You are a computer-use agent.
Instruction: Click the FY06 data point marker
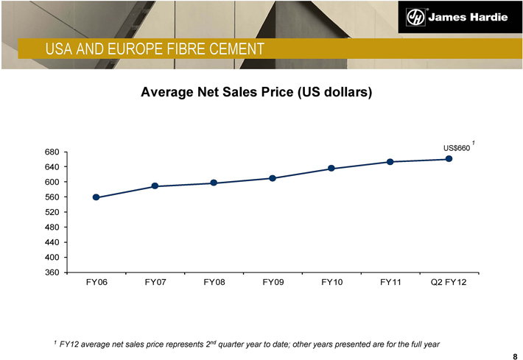[x=96, y=197]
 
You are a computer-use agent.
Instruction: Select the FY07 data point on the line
[x=155, y=186]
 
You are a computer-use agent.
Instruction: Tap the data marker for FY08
[x=214, y=183]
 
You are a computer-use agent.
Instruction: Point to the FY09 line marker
[x=273, y=178]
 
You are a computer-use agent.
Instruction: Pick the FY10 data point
[x=331, y=169]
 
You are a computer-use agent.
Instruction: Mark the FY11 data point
[x=390, y=162]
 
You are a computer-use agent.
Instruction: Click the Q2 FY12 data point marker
[x=449, y=159]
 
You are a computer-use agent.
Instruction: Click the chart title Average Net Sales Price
[x=257, y=93]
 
